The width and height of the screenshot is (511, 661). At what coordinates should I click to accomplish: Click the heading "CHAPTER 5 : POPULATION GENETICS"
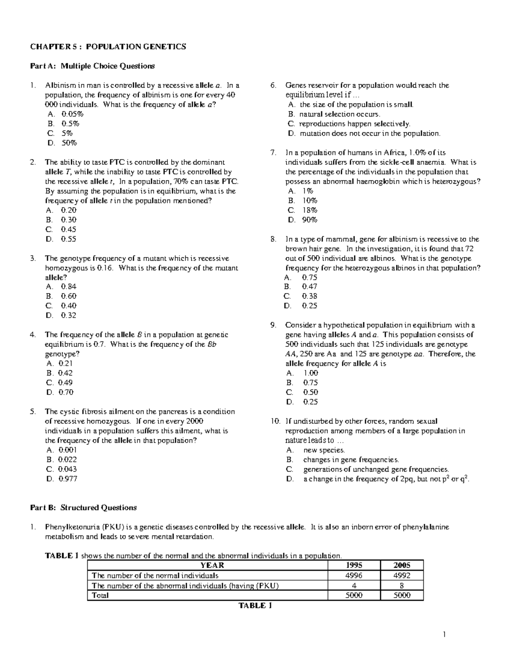point(108,47)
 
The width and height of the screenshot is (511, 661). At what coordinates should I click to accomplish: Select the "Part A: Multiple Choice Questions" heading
point(92,66)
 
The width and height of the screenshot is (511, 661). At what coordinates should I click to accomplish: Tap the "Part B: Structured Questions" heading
point(83,507)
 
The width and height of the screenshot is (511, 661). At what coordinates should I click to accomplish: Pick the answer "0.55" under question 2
point(69,239)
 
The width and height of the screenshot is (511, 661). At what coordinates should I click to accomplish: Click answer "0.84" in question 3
point(69,286)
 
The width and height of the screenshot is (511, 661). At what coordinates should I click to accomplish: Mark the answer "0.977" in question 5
point(68,478)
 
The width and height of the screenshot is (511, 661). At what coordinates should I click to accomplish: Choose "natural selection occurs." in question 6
point(339,114)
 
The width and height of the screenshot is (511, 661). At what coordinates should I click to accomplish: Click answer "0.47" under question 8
point(310,286)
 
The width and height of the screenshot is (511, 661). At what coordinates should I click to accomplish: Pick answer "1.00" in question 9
point(310,373)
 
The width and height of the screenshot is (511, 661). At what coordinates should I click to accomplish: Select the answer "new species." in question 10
point(324,450)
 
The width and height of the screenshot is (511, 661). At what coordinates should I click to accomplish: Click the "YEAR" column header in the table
point(212,565)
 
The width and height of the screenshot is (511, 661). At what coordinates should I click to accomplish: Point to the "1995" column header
point(354,565)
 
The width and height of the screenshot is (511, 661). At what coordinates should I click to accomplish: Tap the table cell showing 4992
point(402,575)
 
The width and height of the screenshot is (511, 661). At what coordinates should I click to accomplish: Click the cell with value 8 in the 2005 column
point(402,586)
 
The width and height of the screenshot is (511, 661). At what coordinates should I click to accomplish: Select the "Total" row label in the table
point(100,595)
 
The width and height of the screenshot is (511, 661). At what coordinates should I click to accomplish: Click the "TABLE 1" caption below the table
point(255,606)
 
